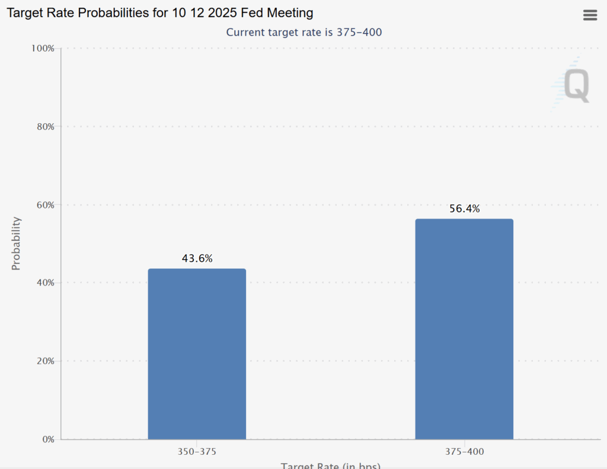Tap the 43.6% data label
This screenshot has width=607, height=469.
click(x=197, y=258)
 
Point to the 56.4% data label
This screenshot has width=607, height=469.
click(x=464, y=208)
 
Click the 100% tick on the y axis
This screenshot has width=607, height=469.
click(x=43, y=48)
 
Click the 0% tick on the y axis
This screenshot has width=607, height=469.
click(x=47, y=439)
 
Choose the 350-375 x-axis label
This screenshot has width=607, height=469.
click(x=197, y=452)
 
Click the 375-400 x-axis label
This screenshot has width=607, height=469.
click(x=464, y=452)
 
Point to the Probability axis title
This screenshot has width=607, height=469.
click(x=16, y=243)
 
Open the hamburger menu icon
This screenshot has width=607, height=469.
click(x=590, y=15)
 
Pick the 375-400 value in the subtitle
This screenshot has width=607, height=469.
click(x=360, y=32)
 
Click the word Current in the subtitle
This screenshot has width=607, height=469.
click(x=245, y=32)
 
